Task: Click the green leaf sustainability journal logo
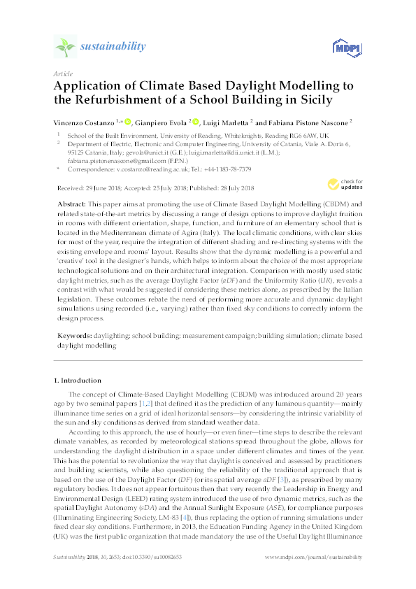click(x=64, y=47)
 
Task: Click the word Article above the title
click(x=63, y=73)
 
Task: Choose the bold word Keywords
click(x=73, y=336)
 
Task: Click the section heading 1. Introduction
click(x=78, y=380)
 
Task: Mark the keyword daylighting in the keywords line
click(x=114, y=336)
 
